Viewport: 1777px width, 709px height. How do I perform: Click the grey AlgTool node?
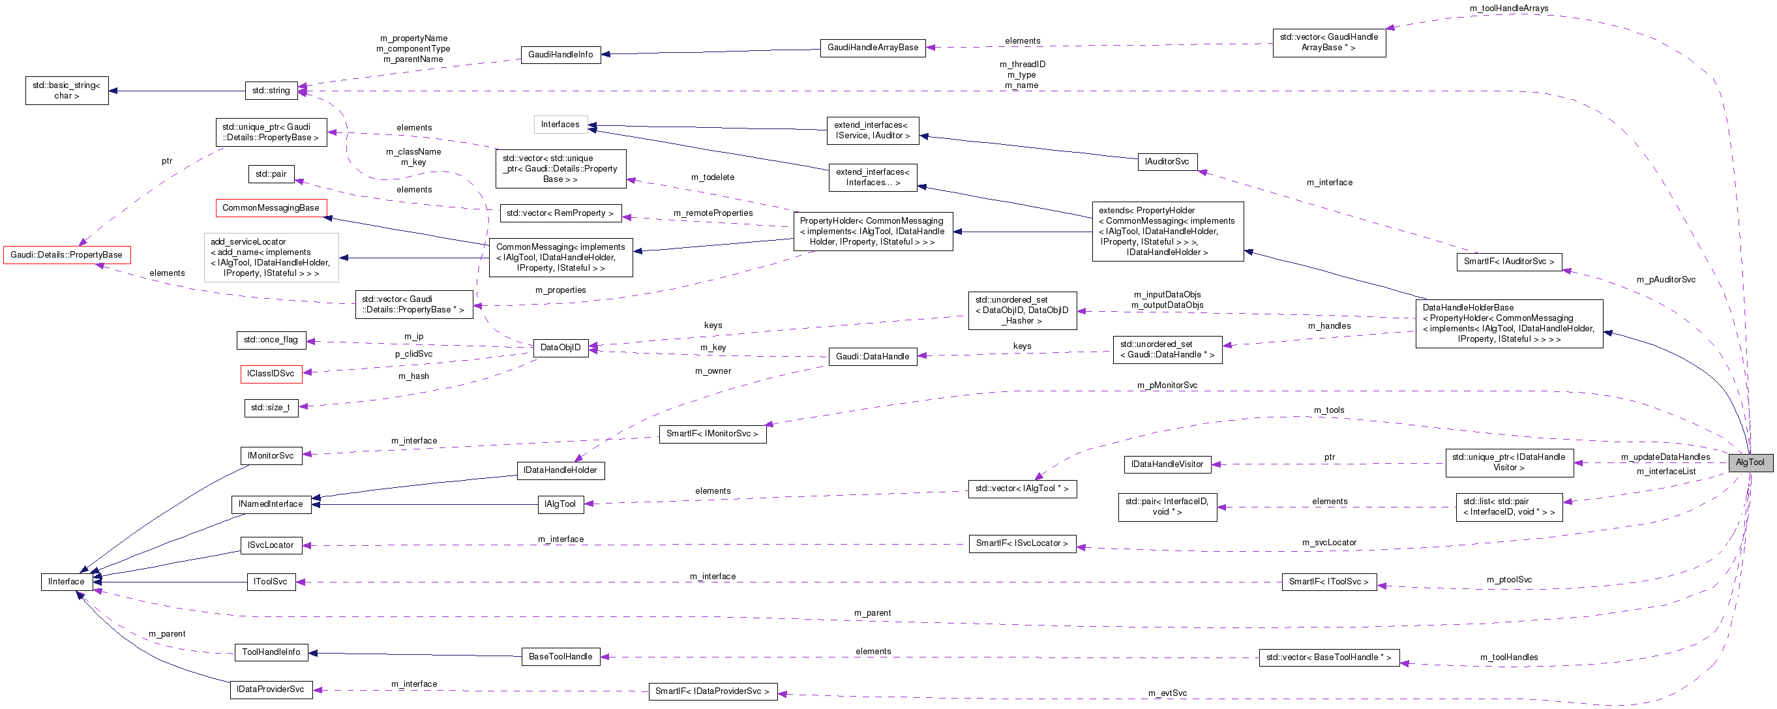pyautogui.click(x=1750, y=462)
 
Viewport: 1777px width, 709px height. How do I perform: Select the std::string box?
pyautogui.click(x=271, y=91)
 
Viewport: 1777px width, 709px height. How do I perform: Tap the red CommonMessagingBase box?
pyautogui.click(x=271, y=207)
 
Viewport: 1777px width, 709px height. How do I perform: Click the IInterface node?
pyautogui.click(x=67, y=581)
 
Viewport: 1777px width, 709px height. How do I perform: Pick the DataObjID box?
pyautogui.click(x=560, y=348)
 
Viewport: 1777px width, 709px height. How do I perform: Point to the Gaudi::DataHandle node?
pyautogui.click(x=872, y=357)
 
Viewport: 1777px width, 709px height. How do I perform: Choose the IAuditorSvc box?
pyautogui.click(x=1167, y=161)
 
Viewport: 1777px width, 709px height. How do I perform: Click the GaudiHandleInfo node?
pyautogui.click(x=560, y=55)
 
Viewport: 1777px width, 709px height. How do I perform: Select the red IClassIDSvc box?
pyautogui.click(x=271, y=374)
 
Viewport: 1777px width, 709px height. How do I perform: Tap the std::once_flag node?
pyautogui.click(x=271, y=339)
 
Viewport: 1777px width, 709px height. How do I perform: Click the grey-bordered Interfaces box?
pyautogui.click(x=560, y=124)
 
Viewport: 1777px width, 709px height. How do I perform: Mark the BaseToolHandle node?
pyautogui.click(x=560, y=657)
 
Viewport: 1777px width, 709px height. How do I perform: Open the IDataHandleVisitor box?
pyautogui.click(x=1167, y=464)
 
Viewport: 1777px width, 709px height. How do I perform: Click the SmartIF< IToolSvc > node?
pyautogui.click(x=1328, y=581)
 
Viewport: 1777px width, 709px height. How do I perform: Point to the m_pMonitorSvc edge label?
pyautogui.click(x=1167, y=385)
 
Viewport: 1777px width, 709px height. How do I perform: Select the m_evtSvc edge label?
pyautogui.click(x=1167, y=693)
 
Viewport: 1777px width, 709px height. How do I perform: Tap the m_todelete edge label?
pyautogui.click(x=713, y=177)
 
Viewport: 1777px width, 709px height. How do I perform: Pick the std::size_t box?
pyautogui.click(x=271, y=408)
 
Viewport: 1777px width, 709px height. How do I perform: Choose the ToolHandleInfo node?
pyautogui.click(x=271, y=652)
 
